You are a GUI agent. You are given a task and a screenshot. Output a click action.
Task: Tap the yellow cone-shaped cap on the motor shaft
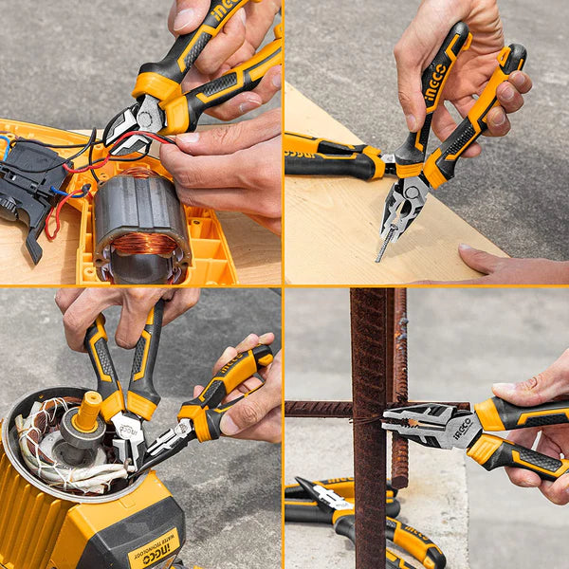pos(87,412)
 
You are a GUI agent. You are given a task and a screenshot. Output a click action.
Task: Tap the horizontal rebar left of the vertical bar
pos(318,409)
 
